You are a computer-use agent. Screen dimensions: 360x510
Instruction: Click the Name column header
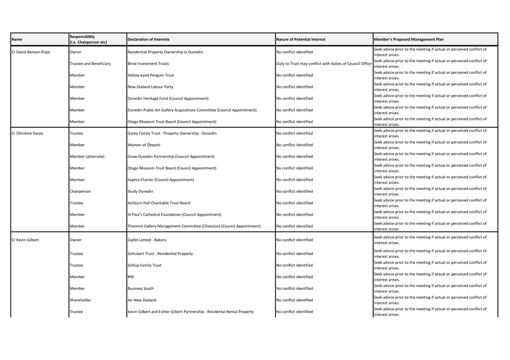click(17, 39)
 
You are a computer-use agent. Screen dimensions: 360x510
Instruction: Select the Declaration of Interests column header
click(149, 39)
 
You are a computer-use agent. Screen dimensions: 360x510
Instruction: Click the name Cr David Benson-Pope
click(31, 52)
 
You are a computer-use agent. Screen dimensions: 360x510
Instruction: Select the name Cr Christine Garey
click(27, 133)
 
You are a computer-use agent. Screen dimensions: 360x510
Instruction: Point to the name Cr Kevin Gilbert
click(25, 240)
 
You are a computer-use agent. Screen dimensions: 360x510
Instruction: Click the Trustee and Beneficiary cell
click(90, 64)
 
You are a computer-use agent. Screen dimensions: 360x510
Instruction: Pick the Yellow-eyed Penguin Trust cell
click(151, 75)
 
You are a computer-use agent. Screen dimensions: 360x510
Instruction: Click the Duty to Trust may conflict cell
click(323, 64)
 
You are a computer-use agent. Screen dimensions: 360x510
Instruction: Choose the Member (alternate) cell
click(87, 157)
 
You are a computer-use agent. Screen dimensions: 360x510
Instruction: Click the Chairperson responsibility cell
click(80, 191)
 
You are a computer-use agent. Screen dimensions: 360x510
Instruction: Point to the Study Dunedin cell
click(140, 191)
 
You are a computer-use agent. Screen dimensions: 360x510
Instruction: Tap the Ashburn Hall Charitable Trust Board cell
click(159, 203)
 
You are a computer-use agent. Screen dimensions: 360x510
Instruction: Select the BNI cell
click(131, 277)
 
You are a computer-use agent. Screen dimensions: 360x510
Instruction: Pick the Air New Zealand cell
click(142, 300)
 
